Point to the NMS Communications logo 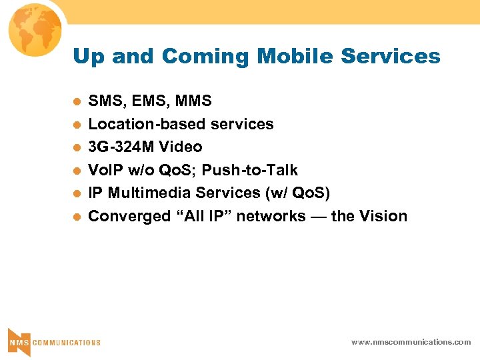point(53,341)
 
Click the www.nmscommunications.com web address point(411,341)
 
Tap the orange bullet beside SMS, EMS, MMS point(77,102)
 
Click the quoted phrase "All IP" point(211,216)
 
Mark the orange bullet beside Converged point(77,217)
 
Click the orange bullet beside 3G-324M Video point(77,147)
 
